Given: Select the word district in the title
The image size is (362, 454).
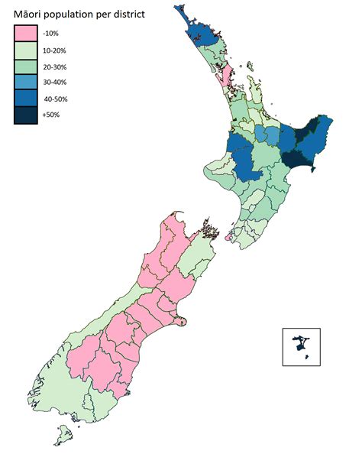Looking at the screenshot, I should coord(146,13).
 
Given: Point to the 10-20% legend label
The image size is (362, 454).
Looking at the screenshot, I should coord(65,50).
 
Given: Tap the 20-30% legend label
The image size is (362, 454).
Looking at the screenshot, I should coord(65,66).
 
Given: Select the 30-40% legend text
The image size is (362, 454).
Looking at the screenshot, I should coord(65,83).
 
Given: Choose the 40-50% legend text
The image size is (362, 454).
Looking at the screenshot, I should coord(65,99).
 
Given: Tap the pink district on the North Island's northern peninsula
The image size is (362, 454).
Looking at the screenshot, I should coord(227,76).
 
